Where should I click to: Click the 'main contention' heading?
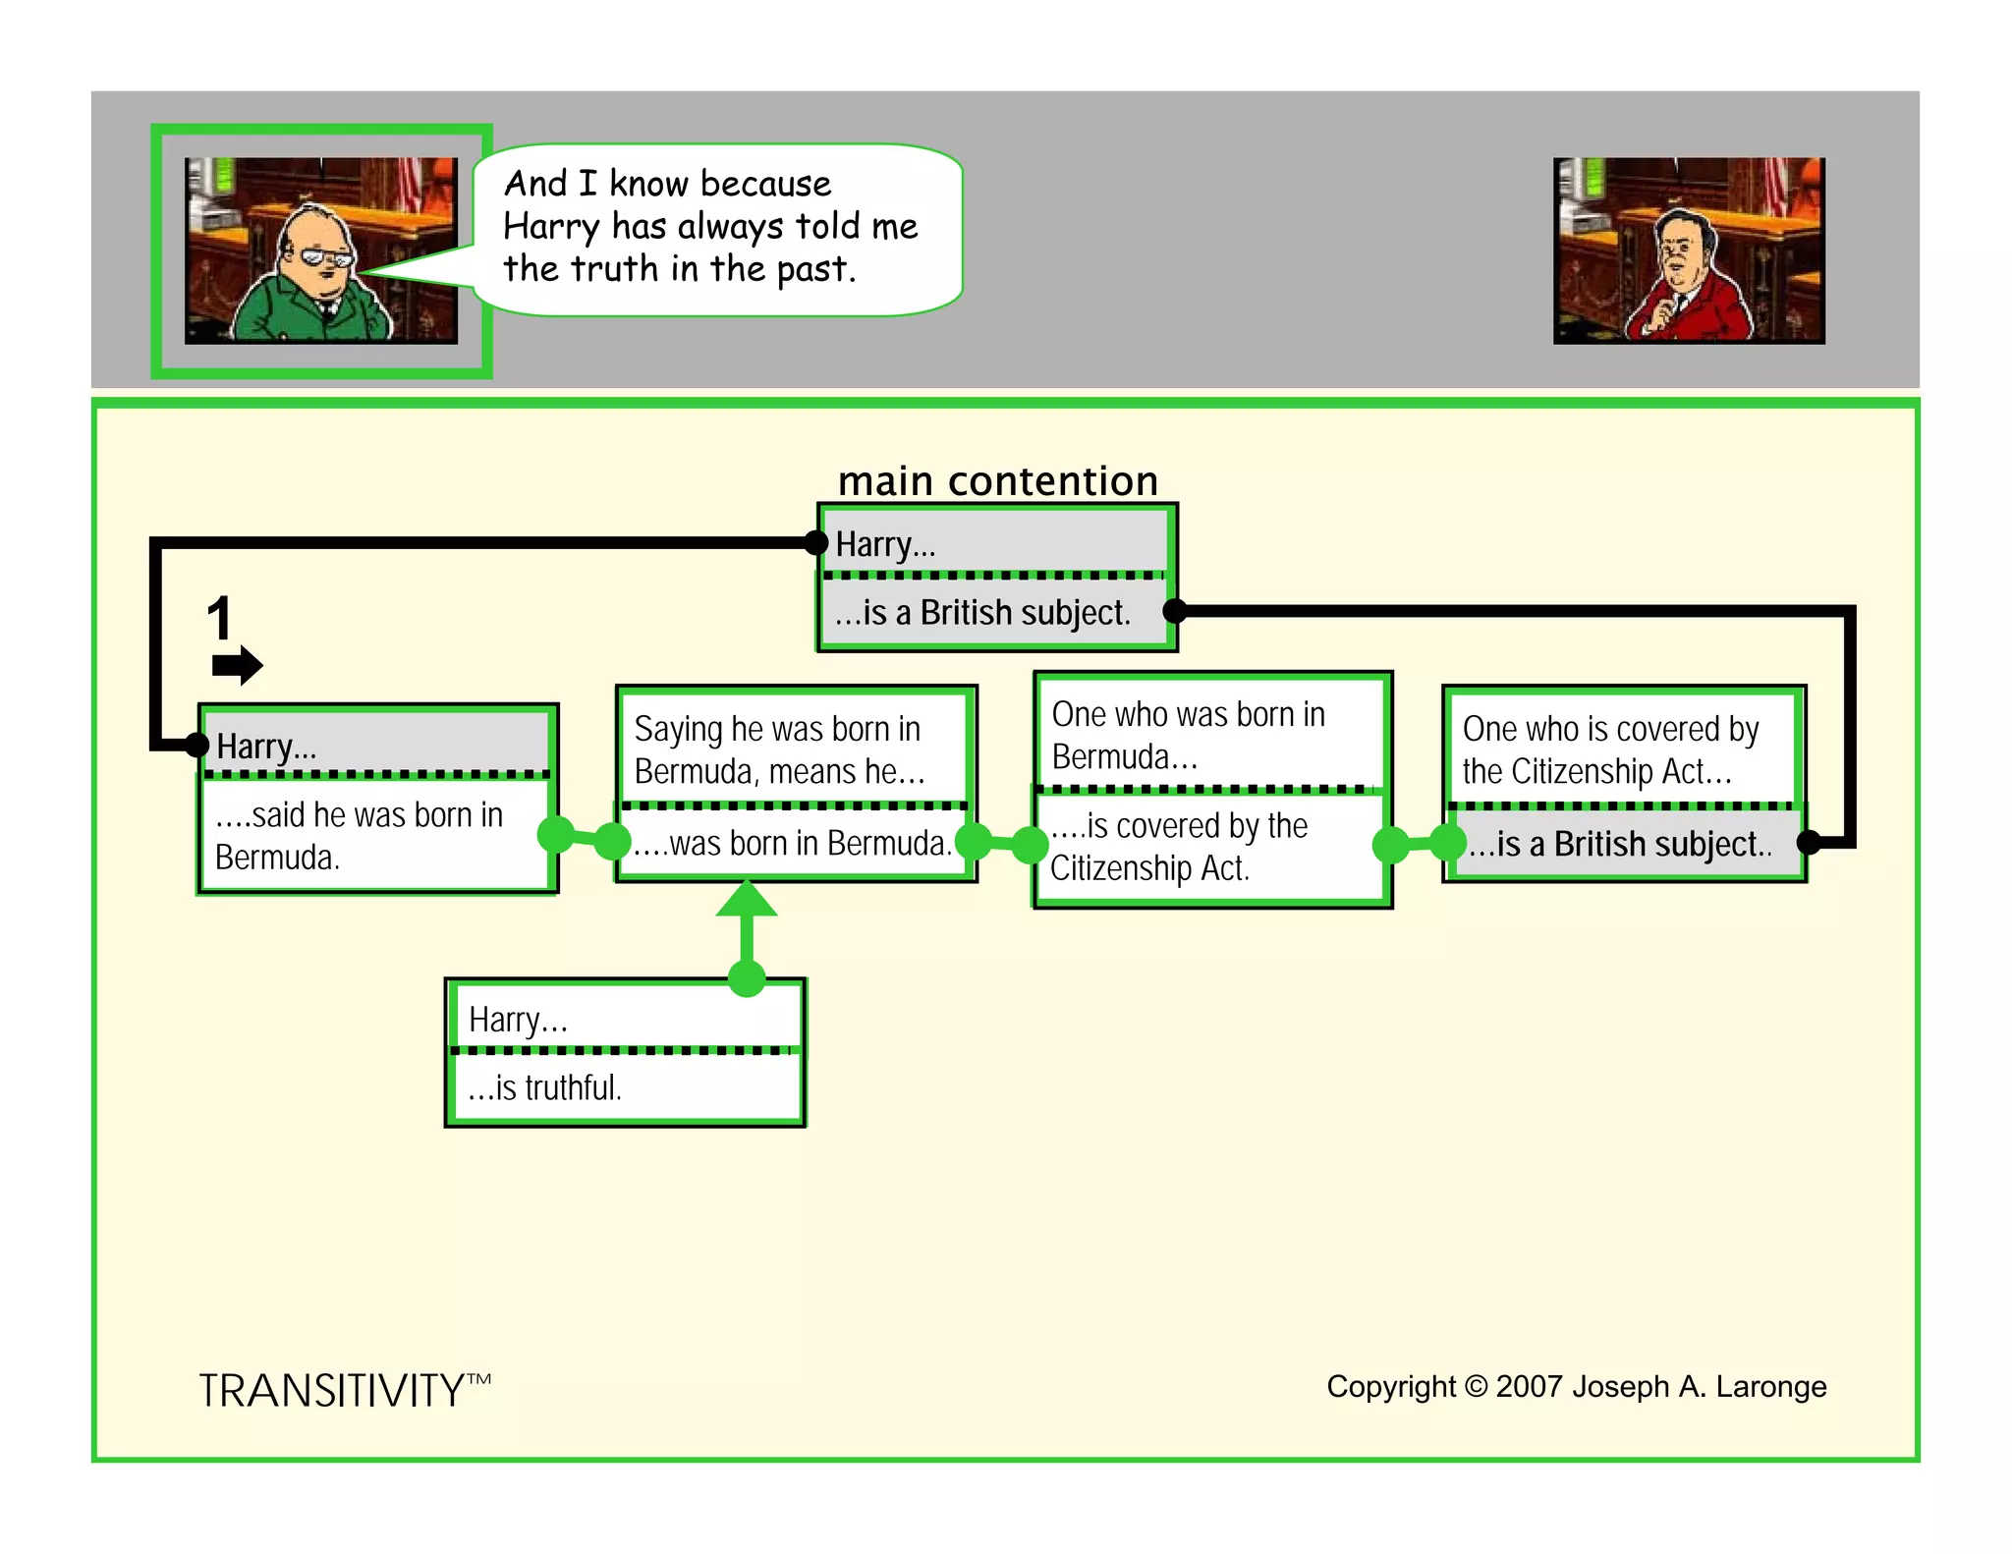pos(997,481)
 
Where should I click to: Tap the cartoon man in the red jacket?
pos(1686,280)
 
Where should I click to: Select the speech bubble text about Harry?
pos(709,227)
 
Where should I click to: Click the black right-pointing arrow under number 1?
pos(237,665)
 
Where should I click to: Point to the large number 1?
pos(219,619)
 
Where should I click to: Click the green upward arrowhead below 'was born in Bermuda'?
pos(747,898)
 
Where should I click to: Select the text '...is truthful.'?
pos(545,1087)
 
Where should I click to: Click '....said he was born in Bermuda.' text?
pos(359,836)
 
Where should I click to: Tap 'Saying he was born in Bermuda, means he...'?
pos(778,749)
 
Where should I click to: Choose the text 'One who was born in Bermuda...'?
pos(1187,735)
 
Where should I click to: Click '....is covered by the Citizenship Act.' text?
pos(1178,847)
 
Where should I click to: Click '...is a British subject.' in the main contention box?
pos(982,613)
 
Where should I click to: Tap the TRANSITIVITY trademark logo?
pos(344,1390)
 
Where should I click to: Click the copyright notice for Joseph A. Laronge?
pos(1576,1386)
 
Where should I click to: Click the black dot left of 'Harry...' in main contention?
pos(815,542)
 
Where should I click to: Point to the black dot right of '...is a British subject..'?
pos(1809,842)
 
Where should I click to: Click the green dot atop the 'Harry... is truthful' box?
pos(747,978)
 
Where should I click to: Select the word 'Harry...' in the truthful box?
pos(518,1020)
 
